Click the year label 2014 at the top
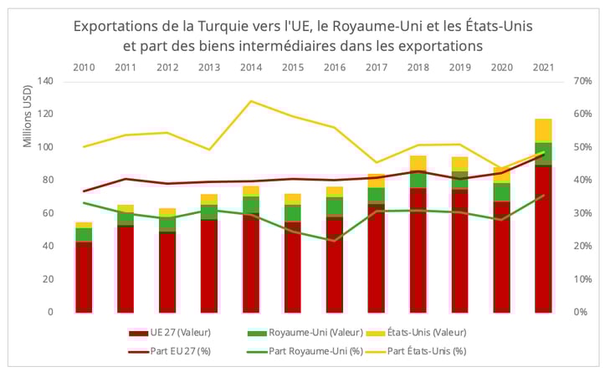[x=250, y=66]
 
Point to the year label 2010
[x=84, y=66]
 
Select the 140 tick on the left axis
[x=45, y=81]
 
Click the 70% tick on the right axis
[x=583, y=81]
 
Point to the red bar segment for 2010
[x=84, y=277]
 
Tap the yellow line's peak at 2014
[x=251, y=101]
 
